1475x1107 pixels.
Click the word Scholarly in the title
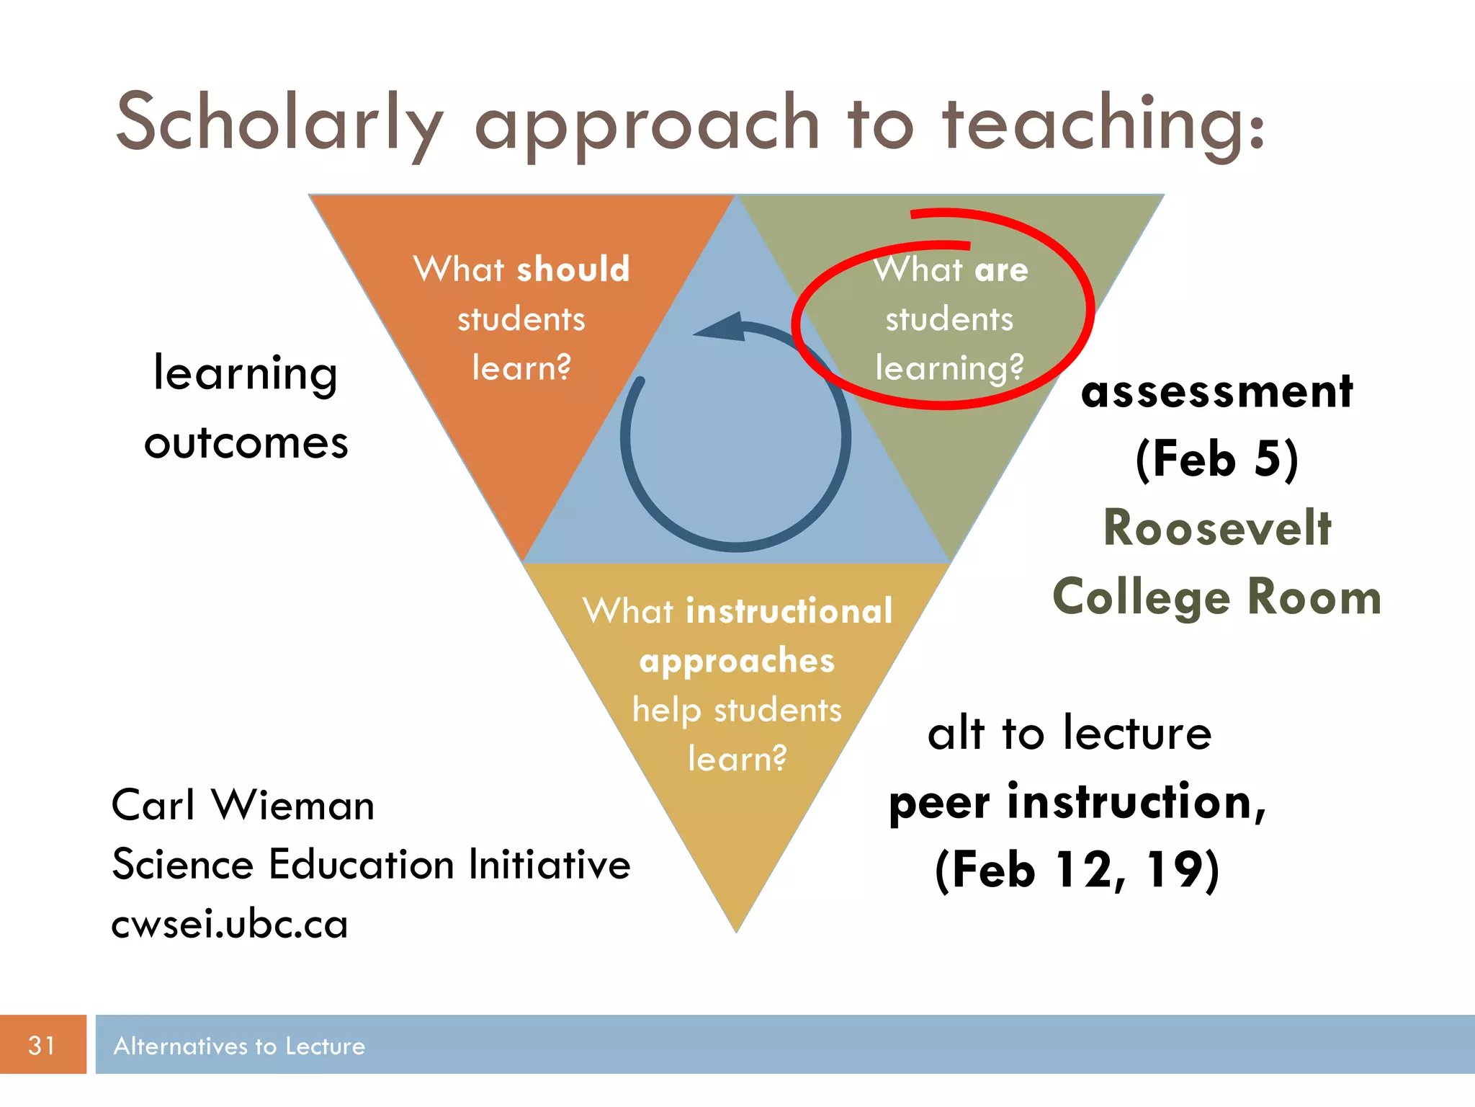click(x=279, y=124)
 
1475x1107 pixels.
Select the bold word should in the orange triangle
click(x=573, y=270)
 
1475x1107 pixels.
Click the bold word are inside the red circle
click(x=1001, y=270)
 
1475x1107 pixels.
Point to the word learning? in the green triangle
click(x=949, y=368)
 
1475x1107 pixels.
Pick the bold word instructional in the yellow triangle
click(x=789, y=612)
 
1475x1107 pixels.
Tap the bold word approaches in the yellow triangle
click(x=737, y=661)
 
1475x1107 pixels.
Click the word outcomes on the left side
click(x=246, y=443)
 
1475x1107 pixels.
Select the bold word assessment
click(x=1217, y=392)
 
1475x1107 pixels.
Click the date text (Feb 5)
click(x=1217, y=459)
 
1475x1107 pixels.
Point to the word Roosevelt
click(x=1217, y=528)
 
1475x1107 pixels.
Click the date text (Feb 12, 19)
click(x=1077, y=870)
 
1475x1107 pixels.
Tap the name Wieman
click(x=293, y=805)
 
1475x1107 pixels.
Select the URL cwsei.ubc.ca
click(x=230, y=925)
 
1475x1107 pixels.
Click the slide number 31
click(x=42, y=1045)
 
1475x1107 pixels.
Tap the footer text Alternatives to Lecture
click(x=239, y=1046)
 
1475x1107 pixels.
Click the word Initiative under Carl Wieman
click(x=550, y=864)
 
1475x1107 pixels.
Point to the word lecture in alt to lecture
click(x=1138, y=734)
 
